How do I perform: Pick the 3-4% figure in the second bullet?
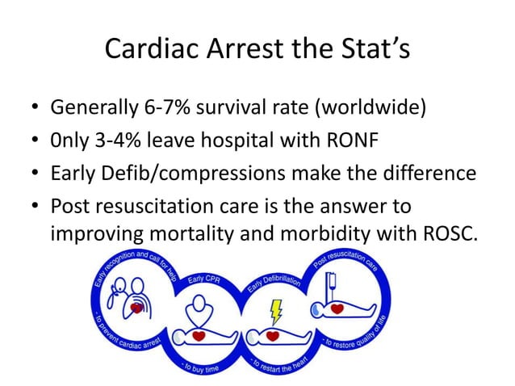coord(131,141)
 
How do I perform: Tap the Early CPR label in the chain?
coord(207,279)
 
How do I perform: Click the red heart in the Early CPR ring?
coord(199,335)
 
